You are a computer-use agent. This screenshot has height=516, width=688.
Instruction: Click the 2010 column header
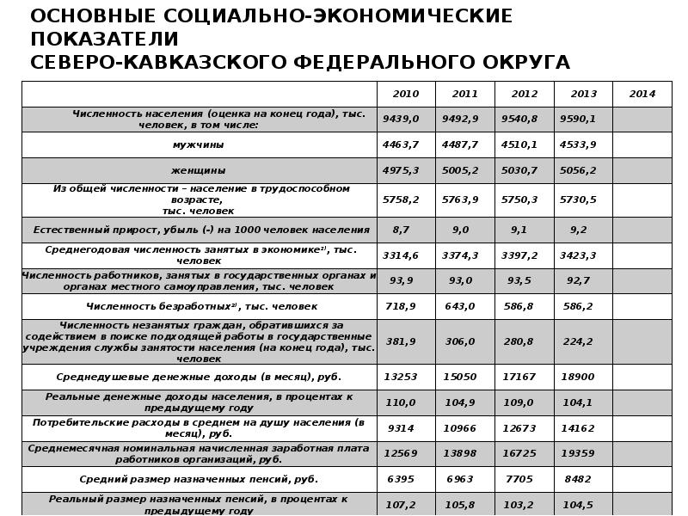(405, 94)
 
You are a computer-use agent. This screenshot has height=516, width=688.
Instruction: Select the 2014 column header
(642, 94)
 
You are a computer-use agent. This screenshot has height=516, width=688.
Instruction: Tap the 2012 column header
(524, 94)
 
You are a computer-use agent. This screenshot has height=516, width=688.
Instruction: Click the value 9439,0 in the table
(401, 119)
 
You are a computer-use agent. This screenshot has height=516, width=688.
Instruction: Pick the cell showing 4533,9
(578, 144)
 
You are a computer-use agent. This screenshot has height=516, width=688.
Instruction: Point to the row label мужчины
(199, 144)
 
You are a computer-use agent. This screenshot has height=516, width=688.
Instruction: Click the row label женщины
(199, 170)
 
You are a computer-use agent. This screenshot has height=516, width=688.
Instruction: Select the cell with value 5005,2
(460, 170)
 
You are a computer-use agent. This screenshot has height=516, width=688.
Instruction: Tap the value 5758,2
(401, 200)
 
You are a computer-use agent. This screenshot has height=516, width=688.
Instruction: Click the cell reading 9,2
(578, 230)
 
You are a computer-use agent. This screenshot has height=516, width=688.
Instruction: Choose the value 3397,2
(519, 255)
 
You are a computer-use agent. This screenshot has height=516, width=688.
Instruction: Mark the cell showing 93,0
(460, 280)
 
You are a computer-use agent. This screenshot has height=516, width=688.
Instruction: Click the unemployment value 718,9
(401, 306)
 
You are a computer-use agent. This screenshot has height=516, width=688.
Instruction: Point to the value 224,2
(578, 341)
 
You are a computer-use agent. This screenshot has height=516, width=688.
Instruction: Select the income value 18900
(578, 377)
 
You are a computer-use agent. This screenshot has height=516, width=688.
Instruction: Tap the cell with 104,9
(460, 402)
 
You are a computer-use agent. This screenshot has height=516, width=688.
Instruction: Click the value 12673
(519, 428)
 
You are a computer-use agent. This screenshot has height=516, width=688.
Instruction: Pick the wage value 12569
(401, 453)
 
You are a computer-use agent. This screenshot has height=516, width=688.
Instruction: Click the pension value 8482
(578, 479)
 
